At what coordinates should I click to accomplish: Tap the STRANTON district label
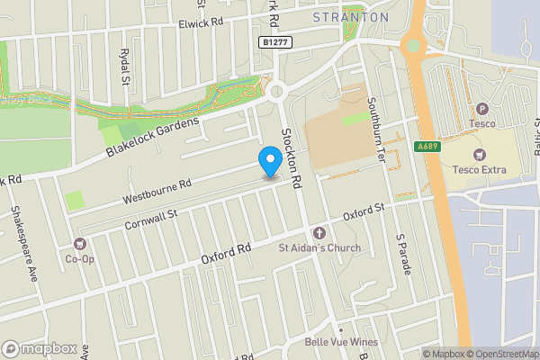click(x=351, y=17)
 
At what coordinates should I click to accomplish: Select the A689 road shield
click(x=427, y=147)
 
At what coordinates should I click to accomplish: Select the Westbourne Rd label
click(x=157, y=189)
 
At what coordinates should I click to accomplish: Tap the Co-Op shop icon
click(x=79, y=244)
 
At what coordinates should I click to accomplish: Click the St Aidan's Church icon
click(x=319, y=233)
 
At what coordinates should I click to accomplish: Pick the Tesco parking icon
click(x=481, y=109)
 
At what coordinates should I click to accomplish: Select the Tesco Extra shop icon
click(x=478, y=155)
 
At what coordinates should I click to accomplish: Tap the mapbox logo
click(x=40, y=348)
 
